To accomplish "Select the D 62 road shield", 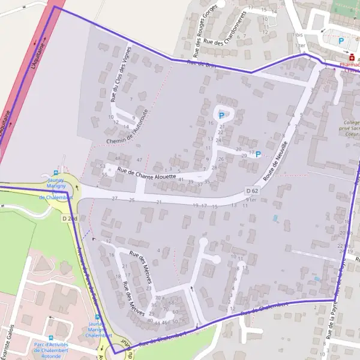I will click(x=252, y=191).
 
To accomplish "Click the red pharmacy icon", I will click(x=352, y=58).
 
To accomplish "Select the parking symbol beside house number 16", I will click(x=221, y=115).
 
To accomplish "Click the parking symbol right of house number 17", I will click(x=258, y=154).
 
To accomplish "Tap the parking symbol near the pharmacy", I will click(x=341, y=41).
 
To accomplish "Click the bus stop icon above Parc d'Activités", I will click(x=51, y=338).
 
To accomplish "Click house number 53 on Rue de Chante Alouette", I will click(x=103, y=166).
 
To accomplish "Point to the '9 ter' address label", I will click(x=251, y=200).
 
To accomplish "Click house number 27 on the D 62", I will click(x=115, y=199).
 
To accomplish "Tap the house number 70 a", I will click(x=159, y=298).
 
